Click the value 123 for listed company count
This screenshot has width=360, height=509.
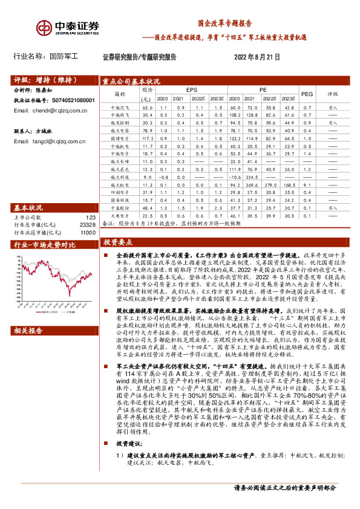91,201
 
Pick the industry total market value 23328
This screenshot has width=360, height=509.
88,207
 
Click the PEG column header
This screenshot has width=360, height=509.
307,94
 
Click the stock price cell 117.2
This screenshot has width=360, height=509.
147,138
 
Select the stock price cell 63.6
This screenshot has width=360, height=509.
147,106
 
